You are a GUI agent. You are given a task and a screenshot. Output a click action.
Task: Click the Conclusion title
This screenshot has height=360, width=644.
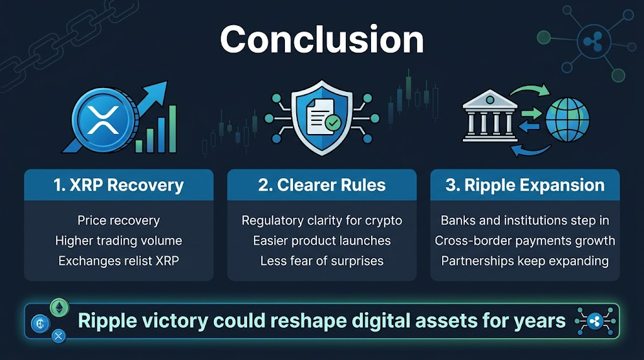[321, 39]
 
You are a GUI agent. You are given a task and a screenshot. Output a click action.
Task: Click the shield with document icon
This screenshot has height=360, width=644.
[321, 120]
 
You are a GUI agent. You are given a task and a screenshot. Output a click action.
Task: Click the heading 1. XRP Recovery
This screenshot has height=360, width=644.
[119, 185]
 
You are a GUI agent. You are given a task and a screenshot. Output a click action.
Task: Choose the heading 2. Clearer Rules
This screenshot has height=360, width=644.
[321, 185]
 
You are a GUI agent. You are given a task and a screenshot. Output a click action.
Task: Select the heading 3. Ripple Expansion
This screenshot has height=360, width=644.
[525, 185]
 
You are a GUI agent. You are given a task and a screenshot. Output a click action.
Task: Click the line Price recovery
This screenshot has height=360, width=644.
[119, 220]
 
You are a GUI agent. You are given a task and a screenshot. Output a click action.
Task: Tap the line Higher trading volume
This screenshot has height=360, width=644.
[119, 240]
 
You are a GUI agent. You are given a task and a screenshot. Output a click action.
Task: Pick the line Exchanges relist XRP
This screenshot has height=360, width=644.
[119, 261]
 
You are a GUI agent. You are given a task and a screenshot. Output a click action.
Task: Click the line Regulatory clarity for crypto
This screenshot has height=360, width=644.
[321, 220]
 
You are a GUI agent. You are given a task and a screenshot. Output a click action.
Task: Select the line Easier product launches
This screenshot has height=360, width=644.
[321, 240]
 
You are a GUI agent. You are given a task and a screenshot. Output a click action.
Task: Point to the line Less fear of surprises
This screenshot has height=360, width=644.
[321, 261]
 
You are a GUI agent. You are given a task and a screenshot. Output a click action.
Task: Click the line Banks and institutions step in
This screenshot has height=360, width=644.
[525, 220]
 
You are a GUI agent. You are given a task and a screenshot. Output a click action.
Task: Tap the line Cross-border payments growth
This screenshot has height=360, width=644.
[525, 240]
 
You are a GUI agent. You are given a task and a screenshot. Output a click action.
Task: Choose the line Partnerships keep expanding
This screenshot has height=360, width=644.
[525, 261]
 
